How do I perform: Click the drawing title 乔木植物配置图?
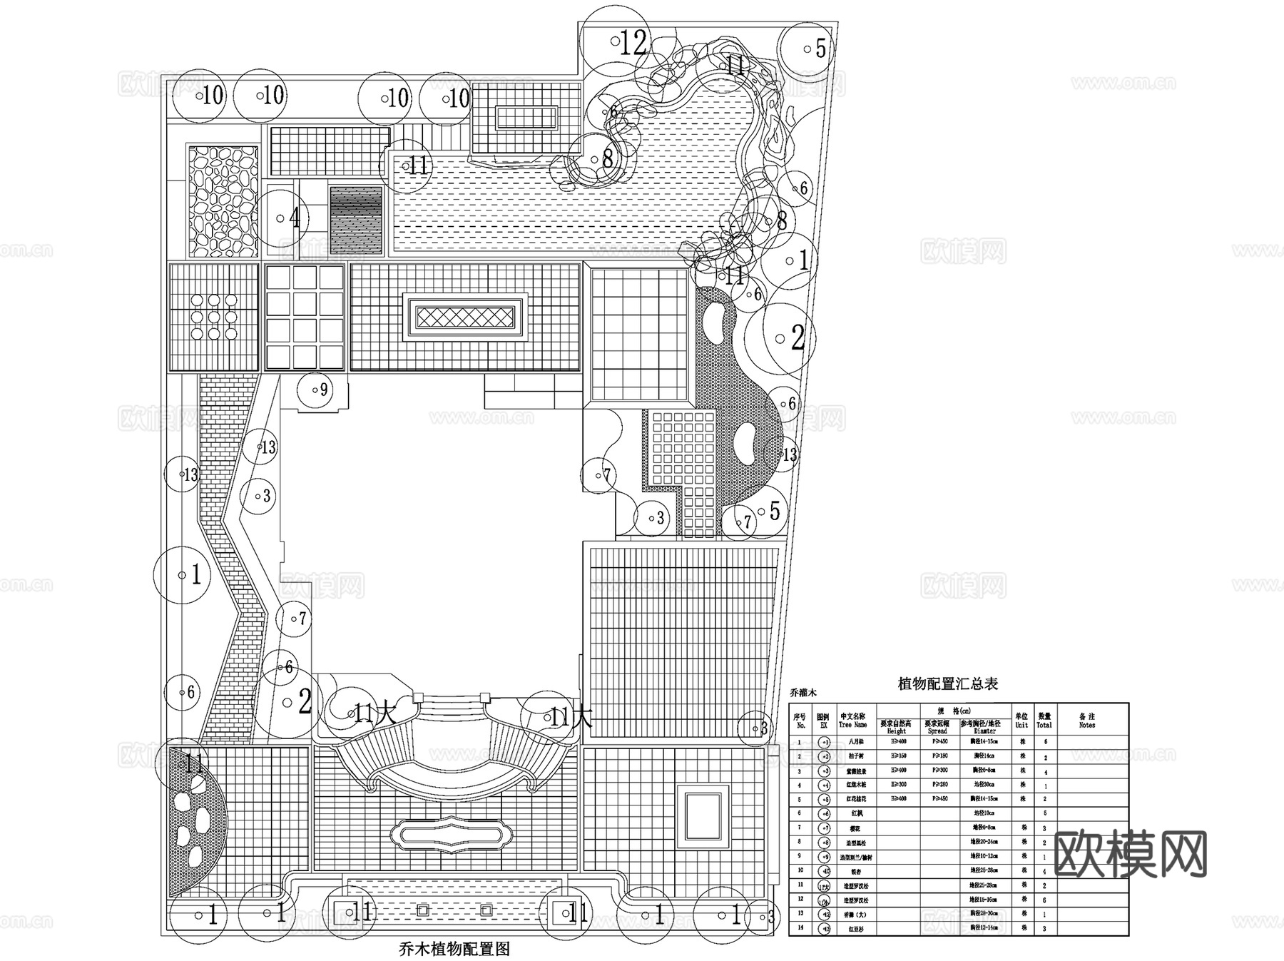coord(454,948)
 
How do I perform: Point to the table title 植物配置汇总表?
coord(947,683)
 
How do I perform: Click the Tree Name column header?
coord(852,721)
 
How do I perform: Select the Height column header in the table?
coord(897,727)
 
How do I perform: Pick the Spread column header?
coord(937,727)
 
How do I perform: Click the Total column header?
coord(1044,721)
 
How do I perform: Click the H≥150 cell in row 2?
coord(897,756)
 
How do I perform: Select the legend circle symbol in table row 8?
coord(824,842)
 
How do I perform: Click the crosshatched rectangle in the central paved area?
coord(465,317)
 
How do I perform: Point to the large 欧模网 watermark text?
coord(1130,855)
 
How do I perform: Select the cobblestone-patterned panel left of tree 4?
coord(223,201)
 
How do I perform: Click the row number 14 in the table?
coord(800,928)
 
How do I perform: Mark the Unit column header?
coord(1021,721)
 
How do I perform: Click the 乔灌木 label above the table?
coord(802,692)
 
